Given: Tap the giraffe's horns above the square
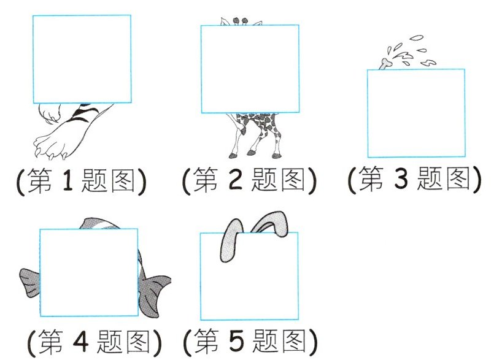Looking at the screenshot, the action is [x=241, y=21].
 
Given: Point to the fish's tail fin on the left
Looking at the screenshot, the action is [x=29, y=283].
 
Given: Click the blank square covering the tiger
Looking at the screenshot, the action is [x=82, y=59].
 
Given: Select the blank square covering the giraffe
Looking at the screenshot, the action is [x=250, y=69].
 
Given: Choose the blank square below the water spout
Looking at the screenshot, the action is [x=416, y=113].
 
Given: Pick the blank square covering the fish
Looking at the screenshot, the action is [x=88, y=271].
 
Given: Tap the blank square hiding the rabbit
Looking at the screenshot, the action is [x=249, y=276].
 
